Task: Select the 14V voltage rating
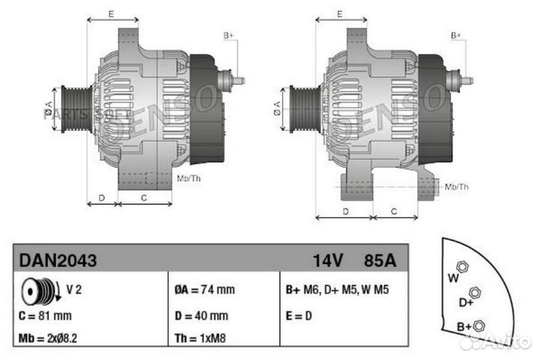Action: coord(328,260)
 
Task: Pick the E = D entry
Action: coord(298,316)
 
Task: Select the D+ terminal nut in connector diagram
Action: coord(473,292)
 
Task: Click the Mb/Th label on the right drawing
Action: coord(457,186)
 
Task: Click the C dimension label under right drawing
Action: coord(393,211)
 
